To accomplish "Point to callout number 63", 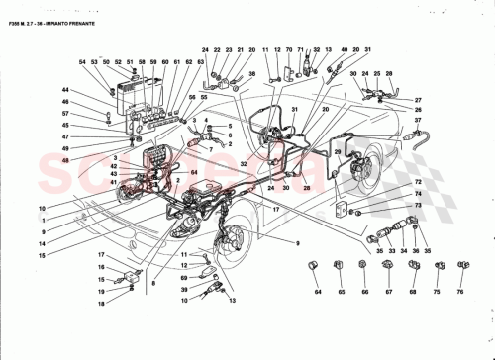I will pos(201,62).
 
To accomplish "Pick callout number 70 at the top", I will pos(290,49).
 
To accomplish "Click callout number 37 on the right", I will pos(417,121).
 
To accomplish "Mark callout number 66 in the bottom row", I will pos(363,294).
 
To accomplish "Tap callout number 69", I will pos(184,280).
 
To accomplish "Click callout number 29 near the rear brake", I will pos(339,150).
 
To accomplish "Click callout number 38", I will pos(251,73).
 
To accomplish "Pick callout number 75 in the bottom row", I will pos(437,294).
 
